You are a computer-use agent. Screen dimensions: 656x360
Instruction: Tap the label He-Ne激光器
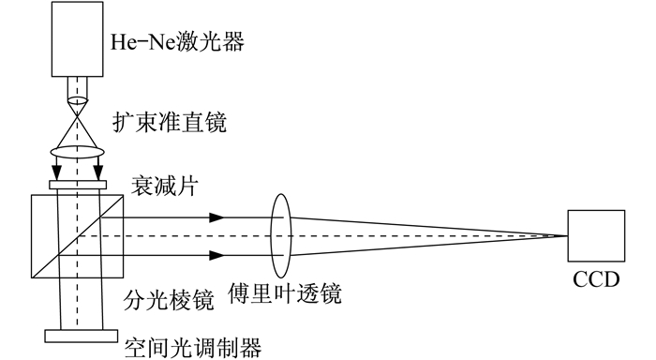tap(177, 42)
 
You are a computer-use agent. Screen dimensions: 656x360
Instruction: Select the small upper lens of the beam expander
tap(78, 101)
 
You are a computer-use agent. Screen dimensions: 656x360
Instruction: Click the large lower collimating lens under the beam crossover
tap(78, 151)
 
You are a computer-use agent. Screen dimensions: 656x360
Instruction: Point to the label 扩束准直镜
tap(170, 123)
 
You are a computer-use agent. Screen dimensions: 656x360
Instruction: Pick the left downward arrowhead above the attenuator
tap(56, 172)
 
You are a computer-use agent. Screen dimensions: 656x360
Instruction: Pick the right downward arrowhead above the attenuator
tap(98, 172)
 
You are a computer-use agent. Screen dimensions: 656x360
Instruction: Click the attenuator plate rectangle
tap(78, 185)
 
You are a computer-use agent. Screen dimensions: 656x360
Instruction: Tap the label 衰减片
tap(164, 186)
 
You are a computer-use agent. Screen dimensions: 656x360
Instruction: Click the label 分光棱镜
tap(169, 300)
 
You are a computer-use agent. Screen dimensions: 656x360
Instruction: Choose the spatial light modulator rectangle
tap(82, 337)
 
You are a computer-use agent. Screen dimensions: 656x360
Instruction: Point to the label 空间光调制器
tap(193, 348)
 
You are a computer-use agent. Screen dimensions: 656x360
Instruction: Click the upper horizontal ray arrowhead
tap(216, 217)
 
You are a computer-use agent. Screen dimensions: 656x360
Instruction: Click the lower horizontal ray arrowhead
tap(216, 255)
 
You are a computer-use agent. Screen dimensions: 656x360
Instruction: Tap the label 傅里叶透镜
tap(285, 293)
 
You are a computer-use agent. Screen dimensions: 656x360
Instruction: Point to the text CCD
tap(596, 280)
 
